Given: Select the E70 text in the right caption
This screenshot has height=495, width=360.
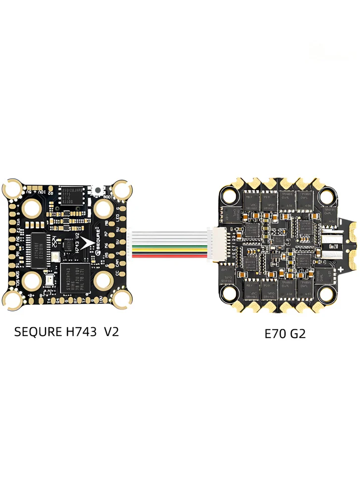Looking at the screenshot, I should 274,334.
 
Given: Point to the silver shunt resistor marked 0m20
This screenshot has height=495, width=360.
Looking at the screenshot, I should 333,246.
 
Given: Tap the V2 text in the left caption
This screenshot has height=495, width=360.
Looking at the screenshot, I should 111,332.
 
